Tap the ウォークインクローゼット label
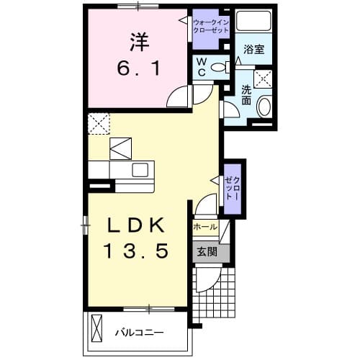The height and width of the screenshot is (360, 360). tap(211, 28)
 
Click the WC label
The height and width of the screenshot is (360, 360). tap(203, 66)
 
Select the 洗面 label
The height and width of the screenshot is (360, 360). tap(246, 95)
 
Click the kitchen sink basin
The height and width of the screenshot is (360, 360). tap(140, 169)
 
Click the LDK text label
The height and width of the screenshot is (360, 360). tap(137, 225)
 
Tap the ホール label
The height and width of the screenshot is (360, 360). tap(206, 226)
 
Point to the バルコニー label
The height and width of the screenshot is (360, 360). tap(140, 333)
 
